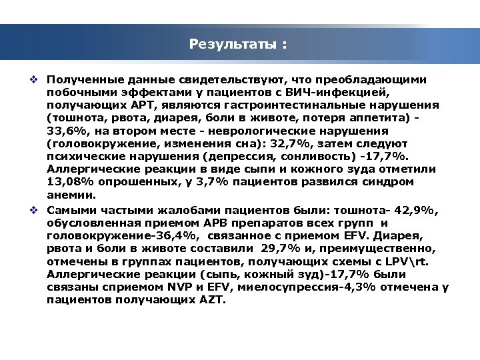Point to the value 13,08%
[69, 183]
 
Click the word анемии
[71, 195]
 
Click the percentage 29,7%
[266, 248]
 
